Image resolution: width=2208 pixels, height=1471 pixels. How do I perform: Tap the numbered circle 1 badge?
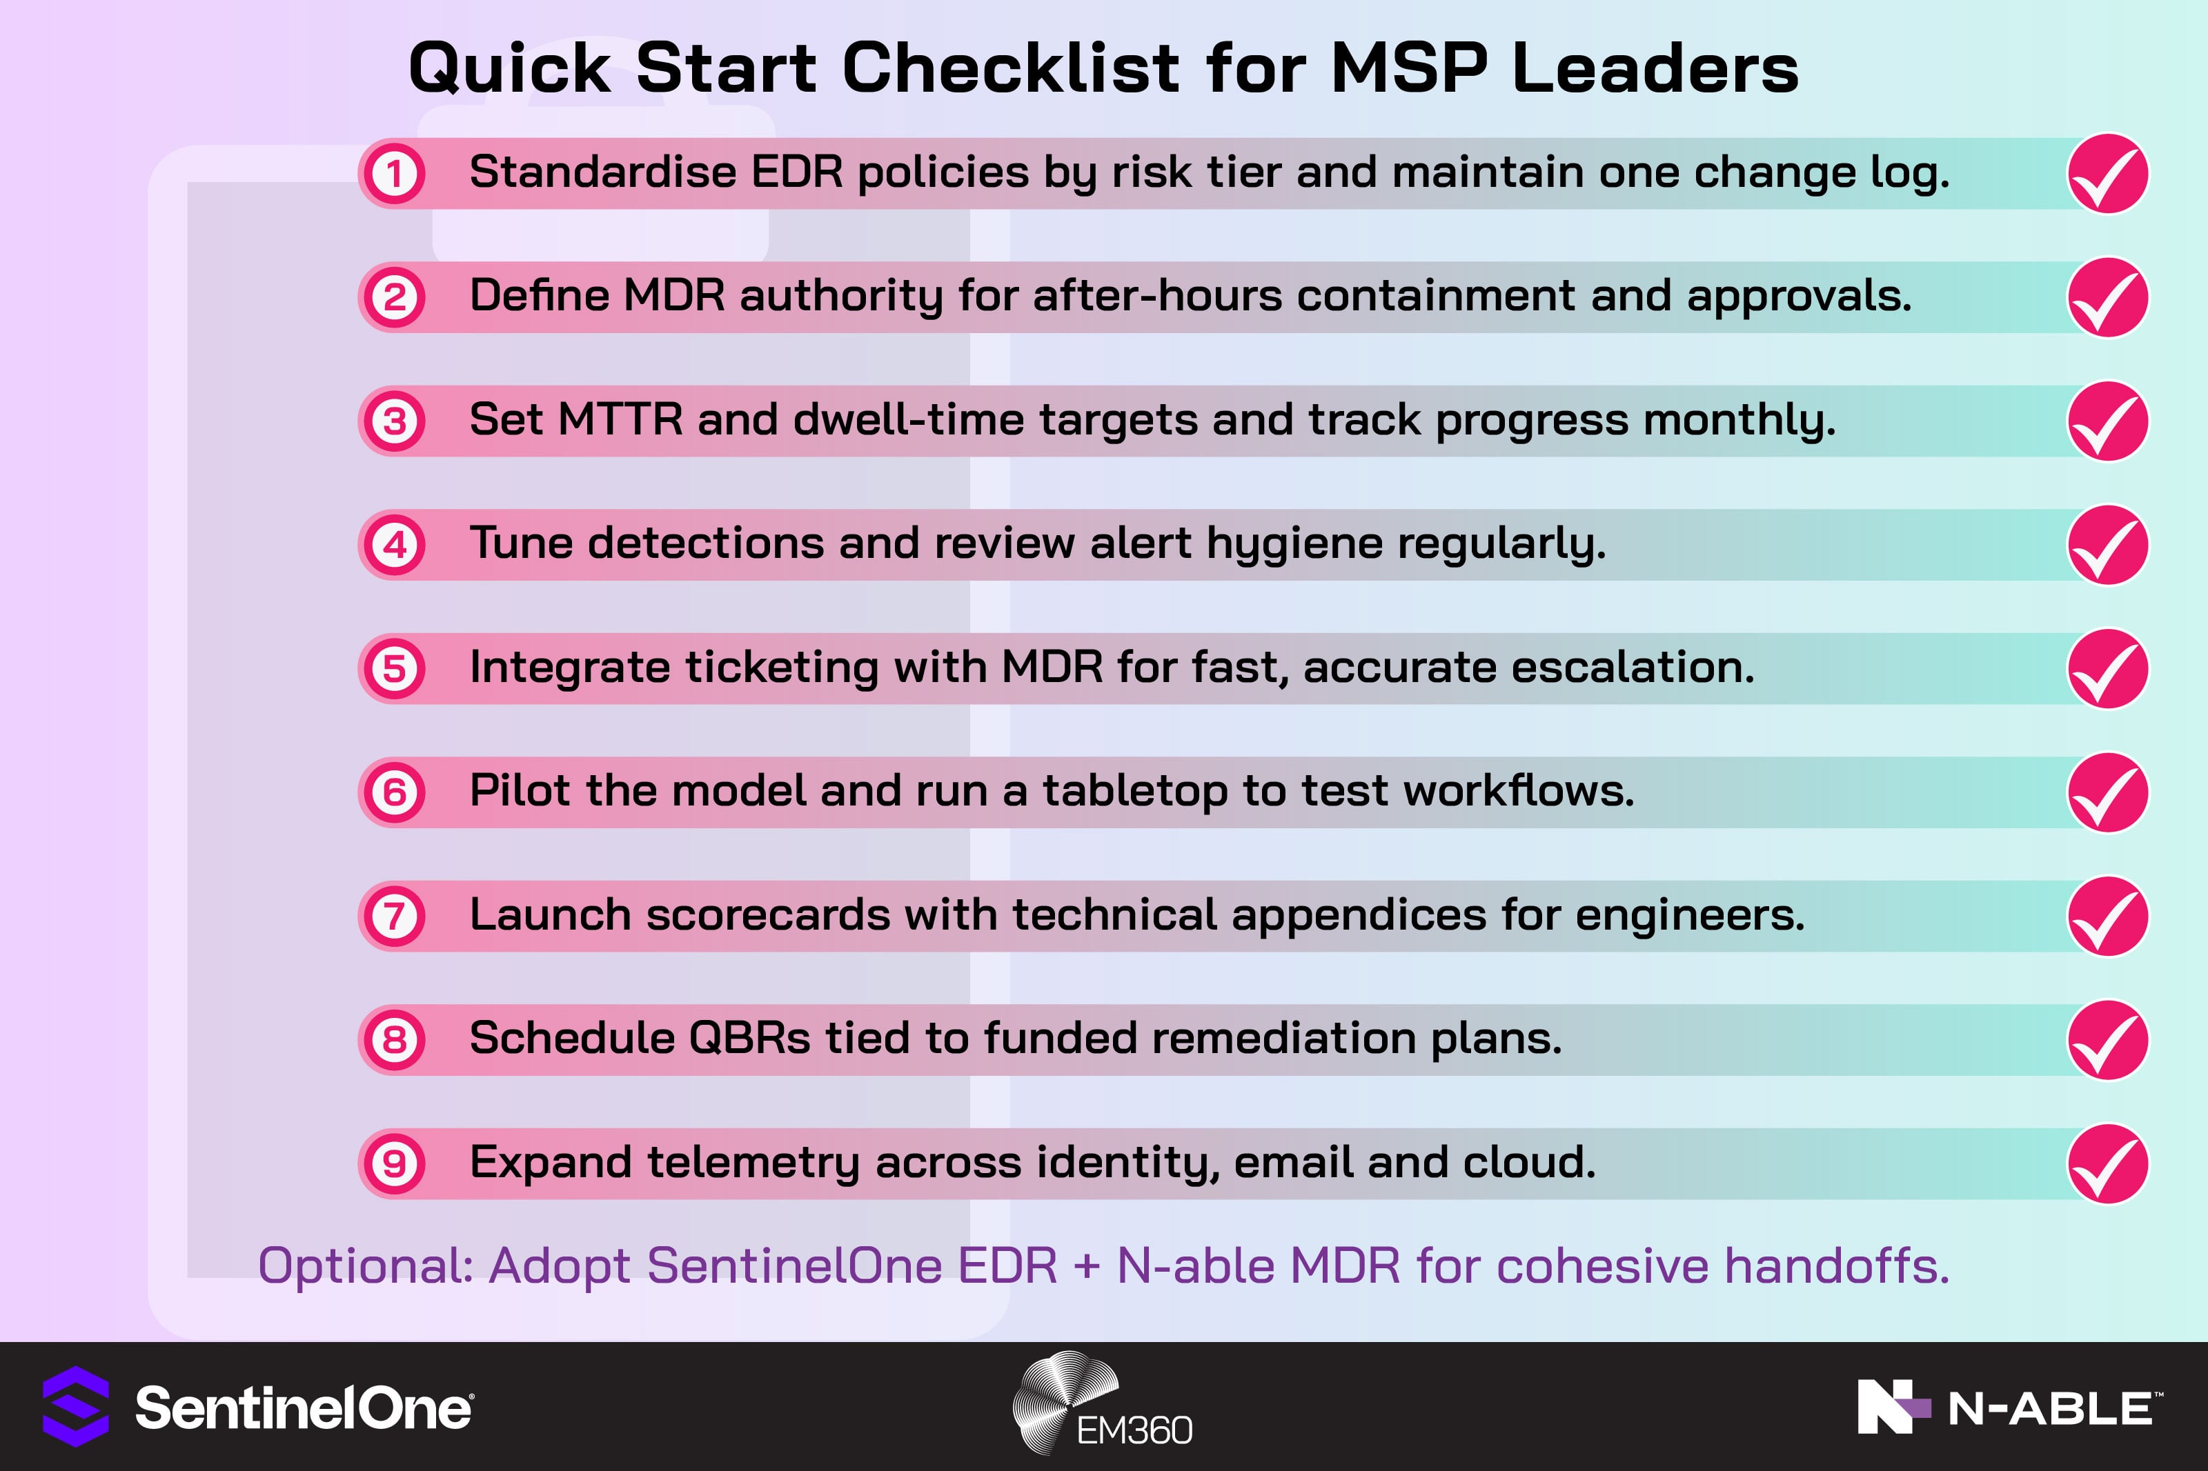click(x=394, y=174)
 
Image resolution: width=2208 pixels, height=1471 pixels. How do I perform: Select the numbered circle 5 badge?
click(x=394, y=669)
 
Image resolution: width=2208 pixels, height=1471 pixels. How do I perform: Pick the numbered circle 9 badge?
click(x=394, y=1163)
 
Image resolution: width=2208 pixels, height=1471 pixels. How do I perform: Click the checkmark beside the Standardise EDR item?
click(x=2107, y=174)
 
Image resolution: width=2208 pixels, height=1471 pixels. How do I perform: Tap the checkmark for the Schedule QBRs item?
click(x=2107, y=1039)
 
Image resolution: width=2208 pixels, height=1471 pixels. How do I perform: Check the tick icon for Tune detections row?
click(x=2107, y=545)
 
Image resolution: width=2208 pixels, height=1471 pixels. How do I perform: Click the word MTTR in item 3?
click(x=620, y=419)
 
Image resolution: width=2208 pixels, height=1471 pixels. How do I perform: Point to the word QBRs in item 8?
click(x=749, y=1039)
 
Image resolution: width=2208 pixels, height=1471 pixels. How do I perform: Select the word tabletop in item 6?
click(x=1134, y=791)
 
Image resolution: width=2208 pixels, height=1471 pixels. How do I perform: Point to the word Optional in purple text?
click(x=365, y=1265)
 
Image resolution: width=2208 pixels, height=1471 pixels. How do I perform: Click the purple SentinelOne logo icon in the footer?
click(x=76, y=1406)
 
